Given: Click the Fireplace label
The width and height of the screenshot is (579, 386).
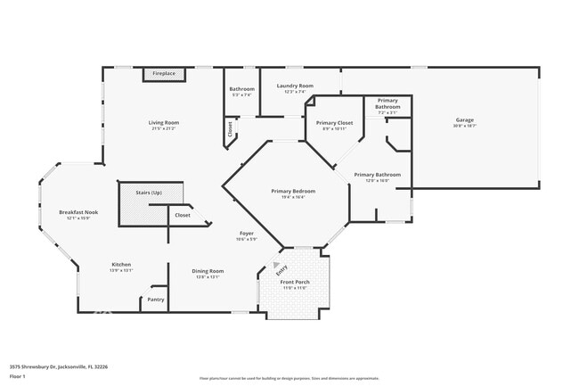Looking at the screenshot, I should pyautogui.click(x=164, y=73).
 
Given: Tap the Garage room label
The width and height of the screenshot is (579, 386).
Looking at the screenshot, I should pyautogui.click(x=464, y=119).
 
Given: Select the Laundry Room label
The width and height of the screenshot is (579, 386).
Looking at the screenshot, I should pyautogui.click(x=295, y=86).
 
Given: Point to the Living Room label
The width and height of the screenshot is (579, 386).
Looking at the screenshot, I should pyautogui.click(x=164, y=122).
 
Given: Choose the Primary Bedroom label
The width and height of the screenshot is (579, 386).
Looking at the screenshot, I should pyautogui.click(x=293, y=191).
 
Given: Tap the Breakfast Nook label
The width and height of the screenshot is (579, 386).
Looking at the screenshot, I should pyautogui.click(x=78, y=212).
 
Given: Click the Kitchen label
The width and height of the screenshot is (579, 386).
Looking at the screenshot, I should pyautogui.click(x=121, y=265).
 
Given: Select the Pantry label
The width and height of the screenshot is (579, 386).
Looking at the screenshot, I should pyautogui.click(x=156, y=300).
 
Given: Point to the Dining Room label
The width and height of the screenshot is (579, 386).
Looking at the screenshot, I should pyautogui.click(x=208, y=271).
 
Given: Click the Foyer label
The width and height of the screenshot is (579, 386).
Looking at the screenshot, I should pyautogui.click(x=246, y=233).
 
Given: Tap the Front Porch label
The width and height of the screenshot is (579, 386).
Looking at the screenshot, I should pyautogui.click(x=294, y=282).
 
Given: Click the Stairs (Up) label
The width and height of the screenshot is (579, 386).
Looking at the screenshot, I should pyautogui.click(x=150, y=193).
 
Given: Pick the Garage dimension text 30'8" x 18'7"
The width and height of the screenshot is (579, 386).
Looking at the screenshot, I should pyautogui.click(x=464, y=126).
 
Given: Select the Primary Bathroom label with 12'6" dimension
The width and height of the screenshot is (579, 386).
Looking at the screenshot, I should pyautogui.click(x=377, y=175).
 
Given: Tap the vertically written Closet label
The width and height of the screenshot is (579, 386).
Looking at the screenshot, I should pyautogui.click(x=230, y=129).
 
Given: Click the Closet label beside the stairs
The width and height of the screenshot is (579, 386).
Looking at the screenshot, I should pyautogui.click(x=182, y=215).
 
